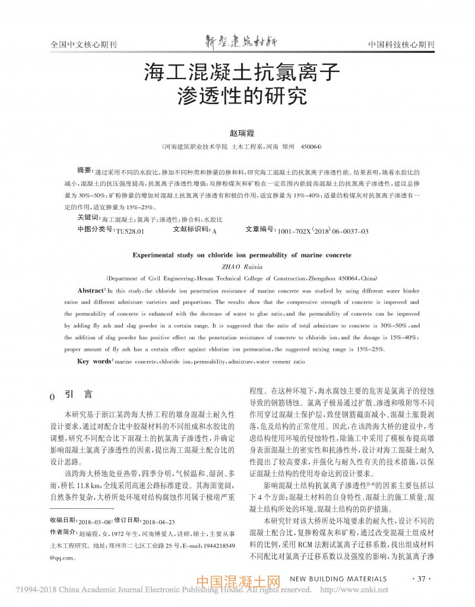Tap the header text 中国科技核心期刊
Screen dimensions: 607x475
click(401, 45)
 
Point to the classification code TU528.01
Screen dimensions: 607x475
click(130, 230)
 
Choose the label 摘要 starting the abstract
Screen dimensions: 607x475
click(85, 169)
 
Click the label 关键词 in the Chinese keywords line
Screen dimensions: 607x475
click(88, 219)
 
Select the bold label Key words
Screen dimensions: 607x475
click(94, 361)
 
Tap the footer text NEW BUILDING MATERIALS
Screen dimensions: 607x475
click(338, 578)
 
